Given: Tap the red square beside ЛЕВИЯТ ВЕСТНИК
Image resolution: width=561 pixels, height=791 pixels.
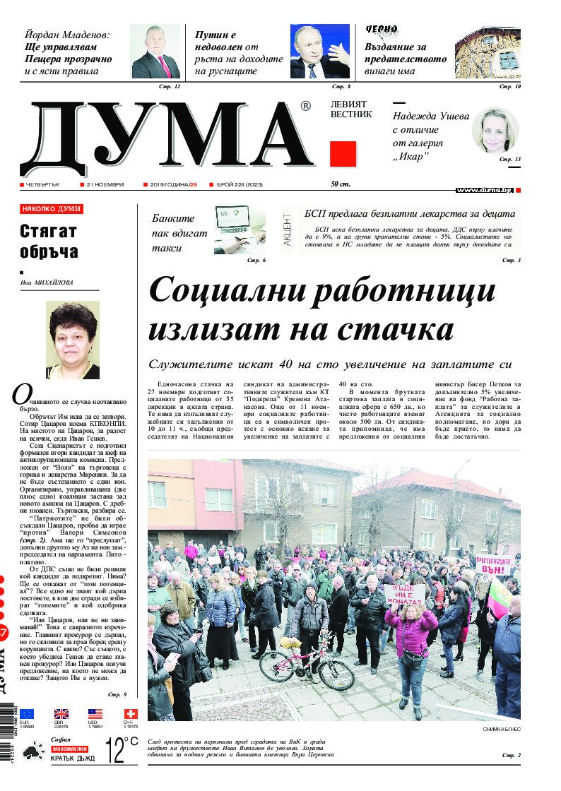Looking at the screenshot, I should pyautogui.click(x=343, y=154).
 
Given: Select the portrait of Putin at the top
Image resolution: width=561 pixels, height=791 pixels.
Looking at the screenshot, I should pyautogui.click(x=320, y=52).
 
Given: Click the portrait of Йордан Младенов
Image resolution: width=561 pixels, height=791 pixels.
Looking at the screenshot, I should pyautogui.click(x=155, y=52).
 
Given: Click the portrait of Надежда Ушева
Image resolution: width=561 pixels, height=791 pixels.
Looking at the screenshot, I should pyautogui.click(x=495, y=131).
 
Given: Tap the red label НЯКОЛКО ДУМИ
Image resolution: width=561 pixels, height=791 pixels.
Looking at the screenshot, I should pyautogui.click(x=52, y=210).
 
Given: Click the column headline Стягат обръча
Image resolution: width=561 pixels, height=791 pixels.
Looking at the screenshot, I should pyautogui.click(x=49, y=242).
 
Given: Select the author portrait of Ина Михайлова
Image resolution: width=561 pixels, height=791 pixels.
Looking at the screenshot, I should pyautogui.click(x=72, y=340).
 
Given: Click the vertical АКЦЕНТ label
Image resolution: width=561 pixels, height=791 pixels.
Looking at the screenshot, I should pyautogui.click(x=288, y=230).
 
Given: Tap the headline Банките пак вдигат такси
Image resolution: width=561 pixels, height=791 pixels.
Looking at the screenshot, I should pyautogui.click(x=173, y=233).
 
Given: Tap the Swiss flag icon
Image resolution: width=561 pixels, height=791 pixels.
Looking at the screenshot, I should pyautogui.click(x=131, y=713).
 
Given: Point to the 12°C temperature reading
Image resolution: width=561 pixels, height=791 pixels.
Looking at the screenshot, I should pyautogui.click(x=121, y=749).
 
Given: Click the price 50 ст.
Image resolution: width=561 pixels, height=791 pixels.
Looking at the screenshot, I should pyautogui.click(x=341, y=185).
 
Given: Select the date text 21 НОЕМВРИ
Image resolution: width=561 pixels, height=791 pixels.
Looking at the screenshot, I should pyautogui.click(x=105, y=185).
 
